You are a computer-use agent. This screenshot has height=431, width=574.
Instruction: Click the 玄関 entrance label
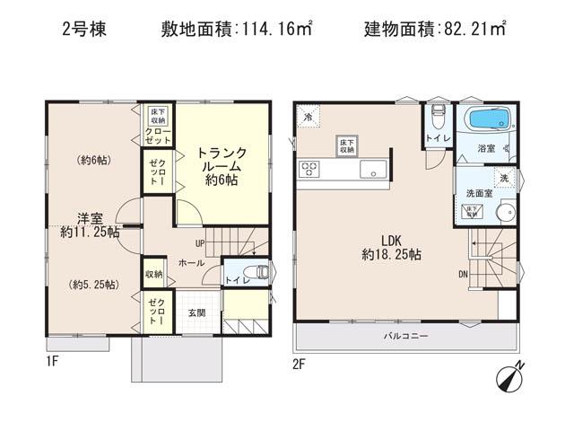click(x=196, y=312)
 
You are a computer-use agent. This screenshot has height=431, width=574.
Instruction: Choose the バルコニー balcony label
click(x=406, y=336)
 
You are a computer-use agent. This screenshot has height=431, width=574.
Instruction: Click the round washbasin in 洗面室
click(x=503, y=214)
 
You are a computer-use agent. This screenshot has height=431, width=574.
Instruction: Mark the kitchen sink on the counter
click(x=371, y=169)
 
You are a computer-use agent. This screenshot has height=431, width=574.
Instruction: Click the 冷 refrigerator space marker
click(x=308, y=117)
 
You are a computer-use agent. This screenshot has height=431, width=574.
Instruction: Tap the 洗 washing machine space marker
click(x=504, y=178)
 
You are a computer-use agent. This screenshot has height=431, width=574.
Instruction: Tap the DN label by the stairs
click(x=462, y=275)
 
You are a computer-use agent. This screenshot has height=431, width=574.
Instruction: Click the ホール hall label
click(x=190, y=263)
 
